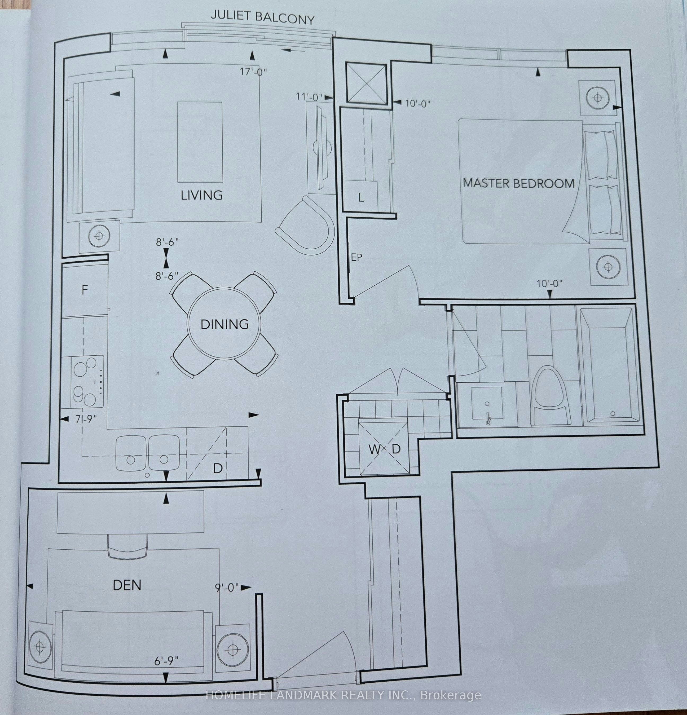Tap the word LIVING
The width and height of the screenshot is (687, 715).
click(202, 195)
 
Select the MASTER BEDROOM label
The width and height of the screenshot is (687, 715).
click(518, 183)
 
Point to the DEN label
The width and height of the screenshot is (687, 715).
click(127, 585)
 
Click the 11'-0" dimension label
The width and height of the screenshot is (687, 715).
click(309, 97)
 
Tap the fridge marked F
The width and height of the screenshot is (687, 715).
click(85, 290)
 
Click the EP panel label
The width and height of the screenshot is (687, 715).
click(356, 257)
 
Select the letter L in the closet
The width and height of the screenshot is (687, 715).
click(361, 198)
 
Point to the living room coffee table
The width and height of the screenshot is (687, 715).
click(200, 142)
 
